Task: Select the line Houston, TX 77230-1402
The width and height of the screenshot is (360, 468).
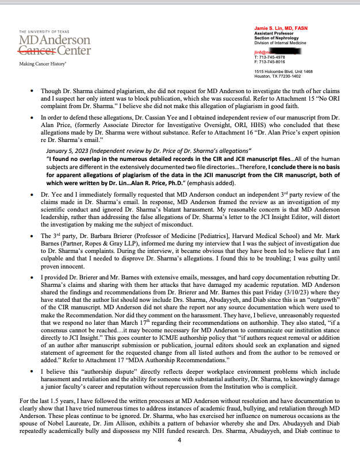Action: [x=277, y=75]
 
